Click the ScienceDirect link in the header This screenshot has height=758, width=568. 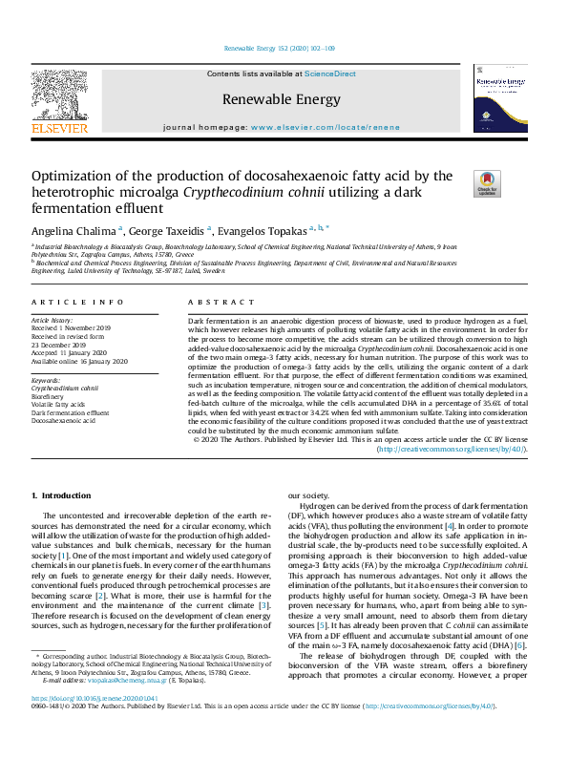pos(330,74)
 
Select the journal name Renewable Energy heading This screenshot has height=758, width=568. pos(281,99)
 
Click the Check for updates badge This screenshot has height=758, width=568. pos(459,183)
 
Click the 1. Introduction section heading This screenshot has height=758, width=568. pos(62,495)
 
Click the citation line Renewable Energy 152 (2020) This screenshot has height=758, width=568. pos(279,48)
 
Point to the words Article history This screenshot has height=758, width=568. pos(53,321)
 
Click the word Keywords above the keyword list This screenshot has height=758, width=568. pos(46,381)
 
